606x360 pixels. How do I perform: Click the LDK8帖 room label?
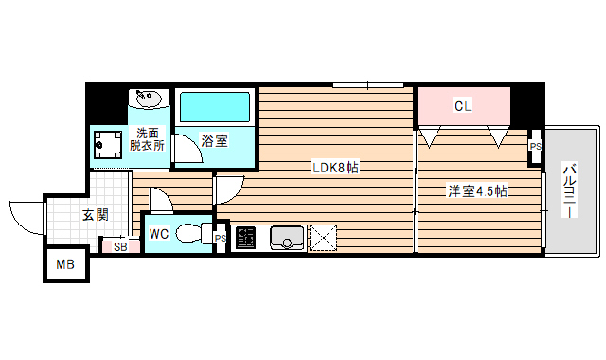point(337,168)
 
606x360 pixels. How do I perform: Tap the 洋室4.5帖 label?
point(478,191)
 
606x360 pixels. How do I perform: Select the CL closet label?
point(462,106)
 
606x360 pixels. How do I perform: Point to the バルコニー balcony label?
point(571,190)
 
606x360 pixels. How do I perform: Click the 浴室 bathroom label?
point(215,141)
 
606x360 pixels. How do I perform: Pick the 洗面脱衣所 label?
point(148,139)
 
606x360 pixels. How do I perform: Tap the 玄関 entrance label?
point(95,215)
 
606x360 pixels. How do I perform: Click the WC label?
point(158,231)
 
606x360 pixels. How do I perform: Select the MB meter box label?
point(66,265)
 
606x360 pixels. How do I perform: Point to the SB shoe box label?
point(120,246)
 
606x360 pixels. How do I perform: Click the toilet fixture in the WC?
point(193,232)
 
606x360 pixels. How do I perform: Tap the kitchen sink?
point(286,237)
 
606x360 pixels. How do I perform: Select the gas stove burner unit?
point(245,237)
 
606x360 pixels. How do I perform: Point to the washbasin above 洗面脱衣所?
point(149,99)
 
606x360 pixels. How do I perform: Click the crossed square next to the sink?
point(324,237)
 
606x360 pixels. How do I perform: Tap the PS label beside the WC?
point(220,238)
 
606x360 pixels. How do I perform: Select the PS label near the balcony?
point(535,147)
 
